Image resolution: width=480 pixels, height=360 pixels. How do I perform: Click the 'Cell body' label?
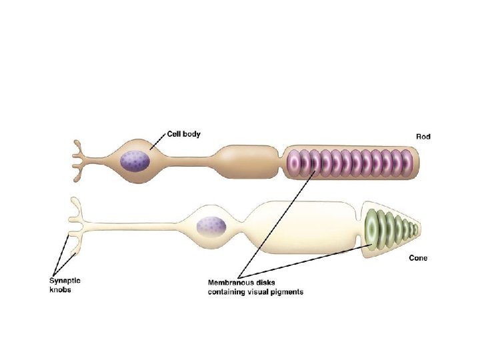pos(183,134)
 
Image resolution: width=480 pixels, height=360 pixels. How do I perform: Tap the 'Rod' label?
pos(423,136)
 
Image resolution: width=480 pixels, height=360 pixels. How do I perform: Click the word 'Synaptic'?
pos(65,281)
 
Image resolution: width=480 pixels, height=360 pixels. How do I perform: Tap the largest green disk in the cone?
pos(372,226)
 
